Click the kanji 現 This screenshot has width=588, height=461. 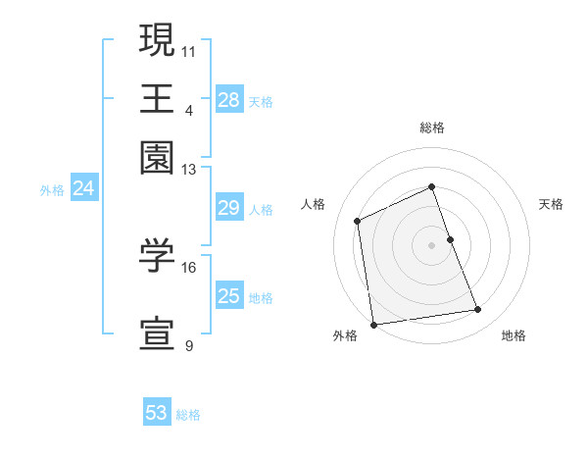[x=157, y=40]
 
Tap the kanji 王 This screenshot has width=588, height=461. [x=157, y=98]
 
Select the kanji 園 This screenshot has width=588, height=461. [x=157, y=158]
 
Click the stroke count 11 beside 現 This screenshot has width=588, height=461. [x=188, y=50]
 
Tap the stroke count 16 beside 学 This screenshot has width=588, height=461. [x=188, y=267]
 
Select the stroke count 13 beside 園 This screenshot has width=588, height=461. [x=188, y=169]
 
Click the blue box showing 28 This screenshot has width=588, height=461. [x=229, y=99]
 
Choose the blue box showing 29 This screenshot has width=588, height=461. [x=229, y=207]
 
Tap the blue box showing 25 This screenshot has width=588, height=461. [x=229, y=295]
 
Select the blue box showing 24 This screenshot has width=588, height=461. [x=83, y=188]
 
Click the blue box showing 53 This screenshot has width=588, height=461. [x=157, y=413]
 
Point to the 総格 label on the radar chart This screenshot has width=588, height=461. [x=432, y=128]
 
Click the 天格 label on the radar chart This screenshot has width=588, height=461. [x=551, y=204]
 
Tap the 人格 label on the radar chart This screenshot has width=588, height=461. [x=314, y=204]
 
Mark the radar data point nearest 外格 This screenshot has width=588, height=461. [x=373, y=324]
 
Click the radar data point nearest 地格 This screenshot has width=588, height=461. [x=478, y=310]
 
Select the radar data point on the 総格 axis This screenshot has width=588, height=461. [x=432, y=187]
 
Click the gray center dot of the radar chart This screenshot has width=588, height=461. [x=432, y=244]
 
